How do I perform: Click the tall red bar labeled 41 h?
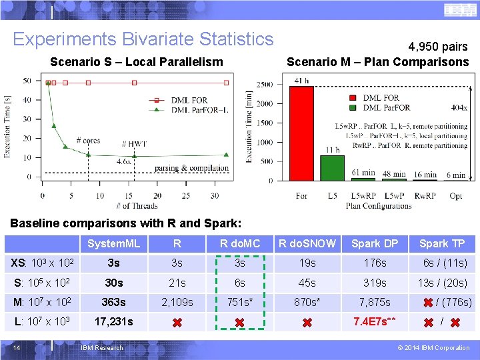click(x=301, y=133)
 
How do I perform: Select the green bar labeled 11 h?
click(x=332, y=167)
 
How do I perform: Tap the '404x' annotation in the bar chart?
click(x=458, y=107)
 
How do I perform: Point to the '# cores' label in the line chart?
click(x=88, y=141)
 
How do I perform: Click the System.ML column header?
click(x=113, y=244)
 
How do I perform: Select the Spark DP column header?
click(x=374, y=244)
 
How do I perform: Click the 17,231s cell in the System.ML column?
click(x=113, y=321)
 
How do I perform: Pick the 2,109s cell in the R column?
click(x=177, y=302)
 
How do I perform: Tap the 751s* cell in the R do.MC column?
click(x=239, y=302)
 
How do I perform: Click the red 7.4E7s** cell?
click(x=374, y=321)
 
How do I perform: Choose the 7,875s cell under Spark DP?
click(x=374, y=302)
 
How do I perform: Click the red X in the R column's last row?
click(x=177, y=323)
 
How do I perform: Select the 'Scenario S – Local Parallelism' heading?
click(x=137, y=62)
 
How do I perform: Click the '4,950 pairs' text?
click(x=438, y=47)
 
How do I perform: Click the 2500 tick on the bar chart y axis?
click(x=264, y=85)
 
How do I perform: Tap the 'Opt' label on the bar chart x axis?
click(x=456, y=196)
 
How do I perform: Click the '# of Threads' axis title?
click(x=136, y=206)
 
